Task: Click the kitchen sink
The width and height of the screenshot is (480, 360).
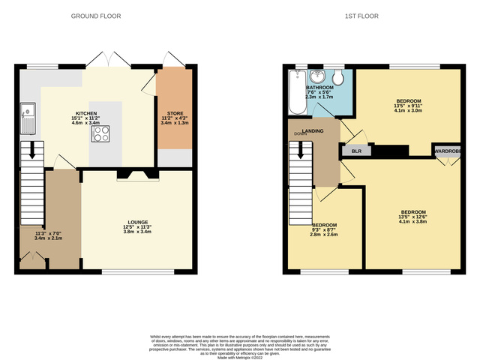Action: [x=28, y=116]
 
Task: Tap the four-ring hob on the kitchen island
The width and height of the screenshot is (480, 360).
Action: [x=101, y=133]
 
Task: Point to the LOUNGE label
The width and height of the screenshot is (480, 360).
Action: [x=136, y=222]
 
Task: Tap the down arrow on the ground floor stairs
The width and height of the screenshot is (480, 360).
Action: [x=30, y=151]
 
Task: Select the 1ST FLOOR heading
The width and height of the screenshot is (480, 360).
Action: [x=361, y=16]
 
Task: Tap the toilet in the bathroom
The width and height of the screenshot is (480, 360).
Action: [x=338, y=78]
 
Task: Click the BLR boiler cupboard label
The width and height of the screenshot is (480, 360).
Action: [x=355, y=151]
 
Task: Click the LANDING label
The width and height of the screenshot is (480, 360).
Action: [x=313, y=131]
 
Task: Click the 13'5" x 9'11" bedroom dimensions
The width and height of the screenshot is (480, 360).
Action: [x=409, y=106]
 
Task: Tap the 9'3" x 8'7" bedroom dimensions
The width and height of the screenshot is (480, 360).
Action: [x=325, y=229]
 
